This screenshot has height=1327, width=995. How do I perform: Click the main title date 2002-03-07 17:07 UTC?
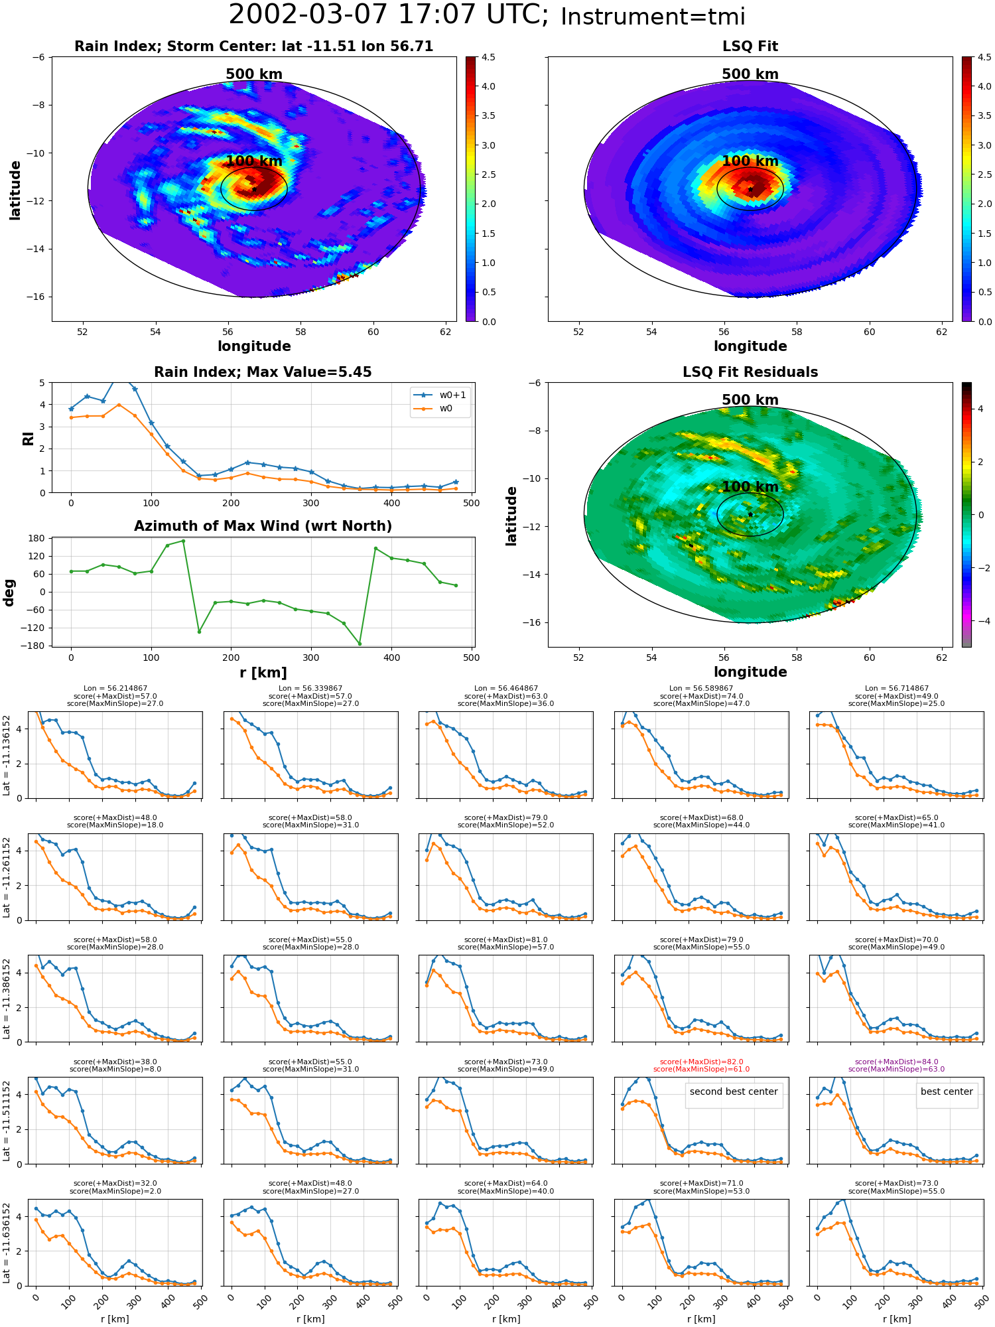point(389,15)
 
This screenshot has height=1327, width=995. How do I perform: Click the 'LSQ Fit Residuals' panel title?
point(750,372)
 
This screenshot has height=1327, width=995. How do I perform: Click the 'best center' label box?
point(947,1091)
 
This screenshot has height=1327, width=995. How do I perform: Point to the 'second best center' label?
point(734,1091)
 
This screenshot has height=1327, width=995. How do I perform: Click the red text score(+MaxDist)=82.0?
point(701,1062)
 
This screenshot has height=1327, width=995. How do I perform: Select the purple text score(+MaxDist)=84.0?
point(896,1062)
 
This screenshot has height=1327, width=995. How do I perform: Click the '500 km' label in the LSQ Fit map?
point(750,74)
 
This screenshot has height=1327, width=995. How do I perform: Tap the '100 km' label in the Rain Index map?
point(254,161)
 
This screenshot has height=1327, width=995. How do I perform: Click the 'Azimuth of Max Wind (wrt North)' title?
point(263,526)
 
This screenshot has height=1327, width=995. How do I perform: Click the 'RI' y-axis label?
point(29,438)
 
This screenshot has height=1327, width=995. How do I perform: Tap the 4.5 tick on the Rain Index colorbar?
point(488,58)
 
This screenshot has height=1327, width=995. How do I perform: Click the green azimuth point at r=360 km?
point(360,644)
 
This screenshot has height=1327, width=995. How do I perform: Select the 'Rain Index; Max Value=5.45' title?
point(263,372)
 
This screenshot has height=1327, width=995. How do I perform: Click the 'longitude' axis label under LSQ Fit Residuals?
point(750,672)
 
